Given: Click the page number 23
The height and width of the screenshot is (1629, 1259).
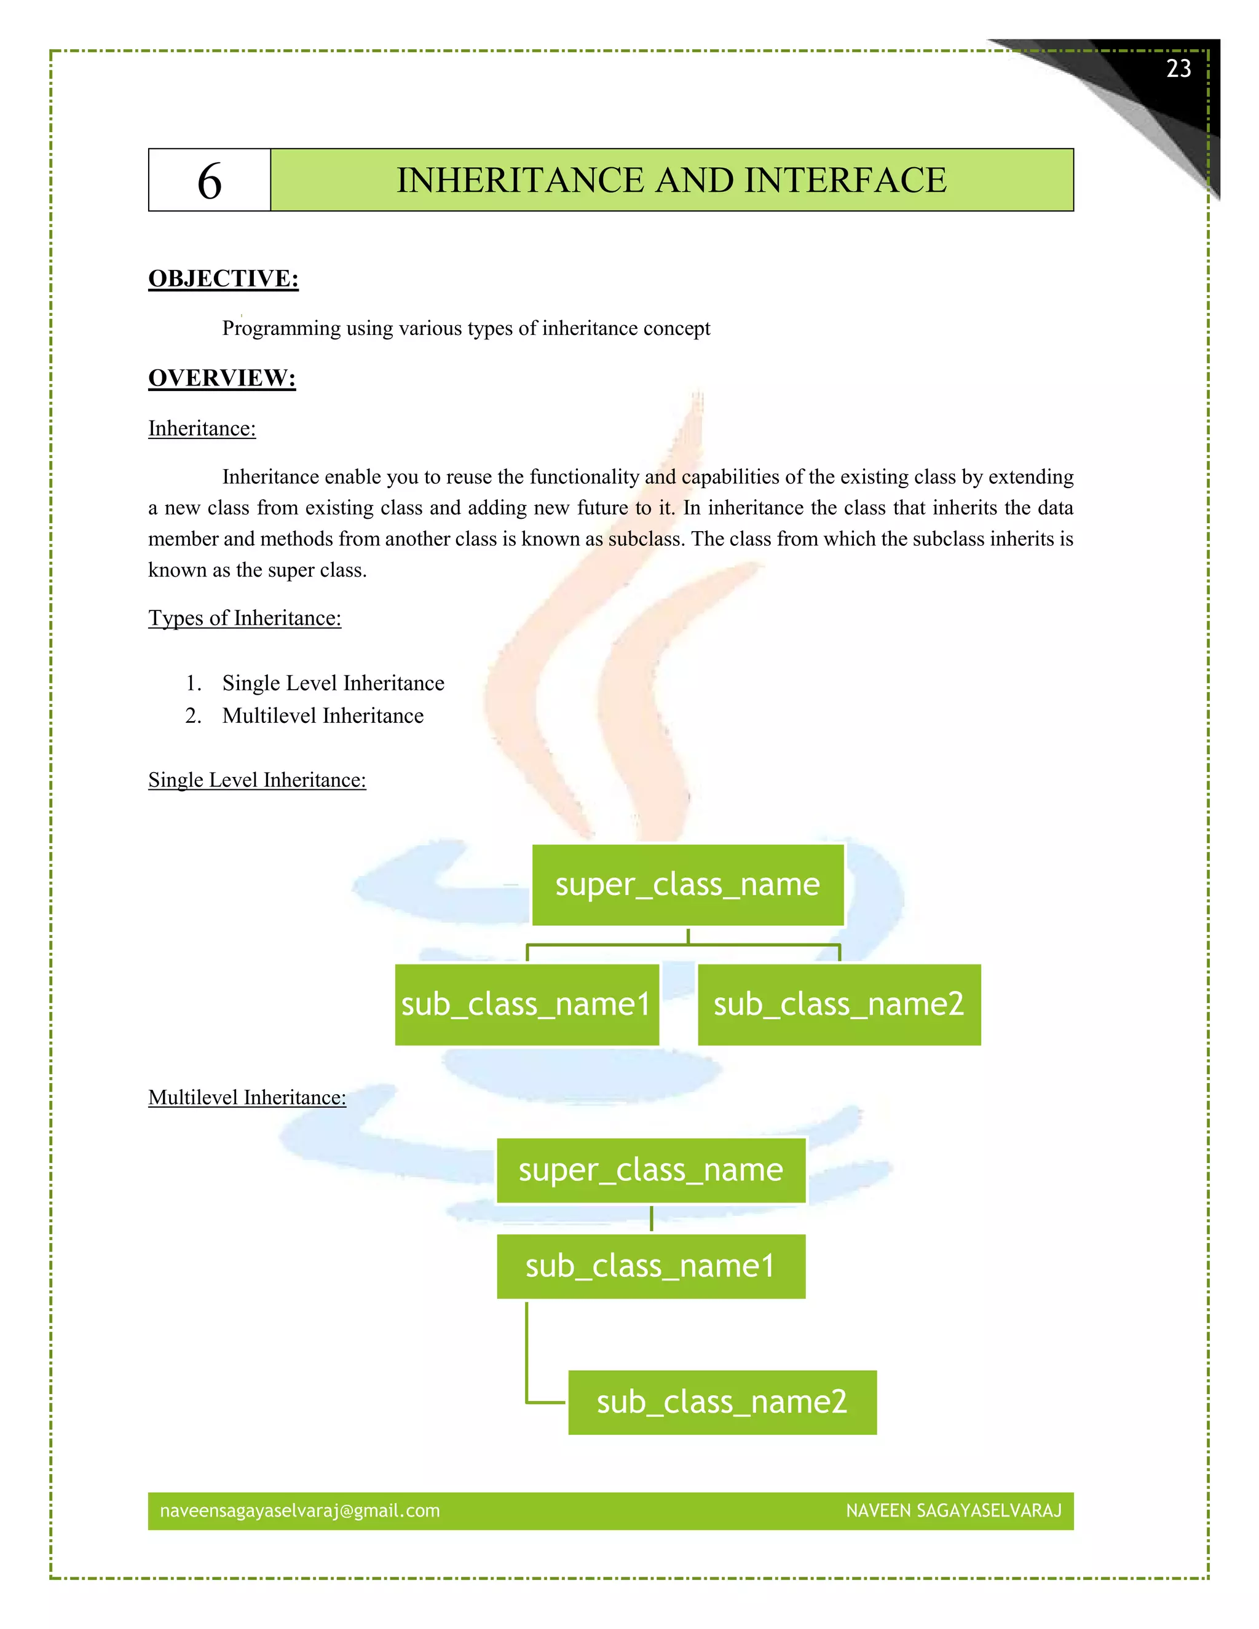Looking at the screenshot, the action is pyautogui.click(x=1178, y=69).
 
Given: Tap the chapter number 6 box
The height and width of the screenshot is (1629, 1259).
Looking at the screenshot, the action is pyautogui.click(x=210, y=181).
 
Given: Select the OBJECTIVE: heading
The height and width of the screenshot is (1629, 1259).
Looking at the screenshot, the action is pyautogui.click(x=223, y=278).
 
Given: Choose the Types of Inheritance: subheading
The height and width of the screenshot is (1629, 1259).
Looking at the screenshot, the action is pyautogui.click(x=245, y=618).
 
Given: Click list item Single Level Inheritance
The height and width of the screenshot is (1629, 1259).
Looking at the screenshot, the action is pyautogui.click(x=333, y=683).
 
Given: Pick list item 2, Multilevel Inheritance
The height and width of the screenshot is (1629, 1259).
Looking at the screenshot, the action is pyautogui.click(x=322, y=716).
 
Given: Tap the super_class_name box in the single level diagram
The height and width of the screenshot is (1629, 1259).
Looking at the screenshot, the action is pyautogui.click(x=688, y=885).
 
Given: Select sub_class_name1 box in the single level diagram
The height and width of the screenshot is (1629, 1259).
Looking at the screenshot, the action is pyautogui.click(x=527, y=1004).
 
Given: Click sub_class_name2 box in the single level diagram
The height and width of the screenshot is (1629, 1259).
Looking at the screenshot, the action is pyautogui.click(x=839, y=1004).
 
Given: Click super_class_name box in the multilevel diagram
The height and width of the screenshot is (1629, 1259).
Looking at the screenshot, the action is pyautogui.click(x=651, y=1170).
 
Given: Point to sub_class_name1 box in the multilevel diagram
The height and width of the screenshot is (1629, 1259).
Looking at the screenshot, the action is pyautogui.click(x=651, y=1266).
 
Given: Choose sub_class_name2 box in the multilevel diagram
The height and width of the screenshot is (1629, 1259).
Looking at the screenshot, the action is pyautogui.click(x=722, y=1402).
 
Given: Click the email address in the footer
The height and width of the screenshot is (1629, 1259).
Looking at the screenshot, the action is pyautogui.click(x=300, y=1510).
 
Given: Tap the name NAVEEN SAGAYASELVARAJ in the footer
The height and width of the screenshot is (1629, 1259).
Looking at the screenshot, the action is pyautogui.click(x=953, y=1510).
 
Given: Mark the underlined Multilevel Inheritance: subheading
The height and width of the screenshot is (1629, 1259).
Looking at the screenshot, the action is pyautogui.click(x=247, y=1097).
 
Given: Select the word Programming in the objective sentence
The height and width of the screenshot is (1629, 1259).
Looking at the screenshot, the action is pyautogui.click(x=281, y=328).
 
